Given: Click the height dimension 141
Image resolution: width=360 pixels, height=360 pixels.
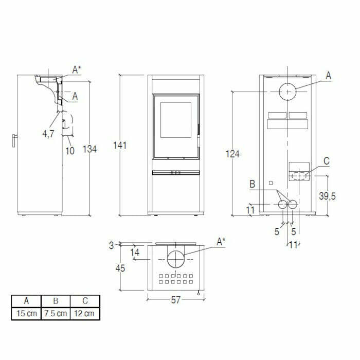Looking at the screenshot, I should (120, 146).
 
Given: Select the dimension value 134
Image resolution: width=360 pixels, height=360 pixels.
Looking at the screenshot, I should (89, 149).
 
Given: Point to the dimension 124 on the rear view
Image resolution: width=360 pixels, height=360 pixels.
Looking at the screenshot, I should (233, 153).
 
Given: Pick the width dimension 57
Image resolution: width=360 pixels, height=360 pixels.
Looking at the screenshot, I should (175, 300).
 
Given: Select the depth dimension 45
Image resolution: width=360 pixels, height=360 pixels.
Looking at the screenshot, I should (119, 268).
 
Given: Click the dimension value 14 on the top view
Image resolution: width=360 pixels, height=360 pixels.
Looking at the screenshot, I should (135, 252).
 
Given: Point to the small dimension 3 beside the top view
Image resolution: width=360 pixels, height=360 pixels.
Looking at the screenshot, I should (112, 246).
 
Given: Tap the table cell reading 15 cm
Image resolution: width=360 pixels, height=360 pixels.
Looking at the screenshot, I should (26, 313).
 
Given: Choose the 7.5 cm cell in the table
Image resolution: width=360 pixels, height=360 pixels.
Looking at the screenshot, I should (55, 313).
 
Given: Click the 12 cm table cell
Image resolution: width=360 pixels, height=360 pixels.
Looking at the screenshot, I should (85, 313).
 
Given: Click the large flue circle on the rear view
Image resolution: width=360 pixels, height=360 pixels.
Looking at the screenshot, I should (288, 92).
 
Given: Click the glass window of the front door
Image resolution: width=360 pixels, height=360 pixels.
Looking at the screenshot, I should (175, 120).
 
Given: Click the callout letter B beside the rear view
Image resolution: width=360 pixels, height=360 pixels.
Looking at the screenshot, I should (253, 184).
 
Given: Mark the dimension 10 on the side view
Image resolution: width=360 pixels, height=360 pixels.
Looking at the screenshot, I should (70, 151).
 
